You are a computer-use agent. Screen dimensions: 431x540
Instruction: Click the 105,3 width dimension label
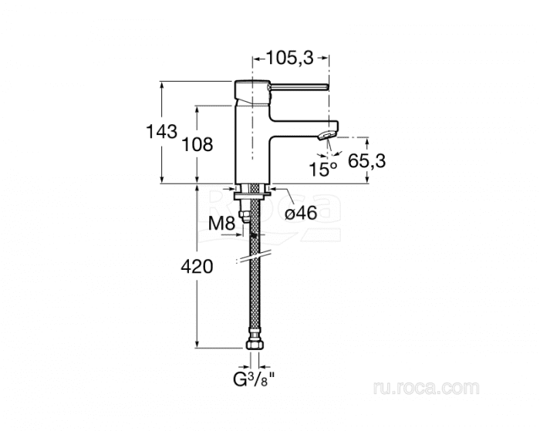(291, 56)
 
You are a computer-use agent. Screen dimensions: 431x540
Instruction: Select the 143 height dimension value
(161, 132)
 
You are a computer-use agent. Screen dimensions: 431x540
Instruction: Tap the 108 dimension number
(197, 144)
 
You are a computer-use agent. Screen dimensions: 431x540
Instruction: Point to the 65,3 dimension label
(367, 160)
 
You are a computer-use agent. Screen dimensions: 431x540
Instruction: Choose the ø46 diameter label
(301, 214)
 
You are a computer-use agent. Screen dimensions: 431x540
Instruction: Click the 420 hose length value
(197, 268)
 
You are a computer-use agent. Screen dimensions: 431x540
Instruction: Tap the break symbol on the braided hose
(255, 255)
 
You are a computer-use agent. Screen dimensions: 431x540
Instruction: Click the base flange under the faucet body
(254, 189)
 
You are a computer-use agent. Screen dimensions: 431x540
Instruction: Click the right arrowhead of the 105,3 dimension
(327, 56)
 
